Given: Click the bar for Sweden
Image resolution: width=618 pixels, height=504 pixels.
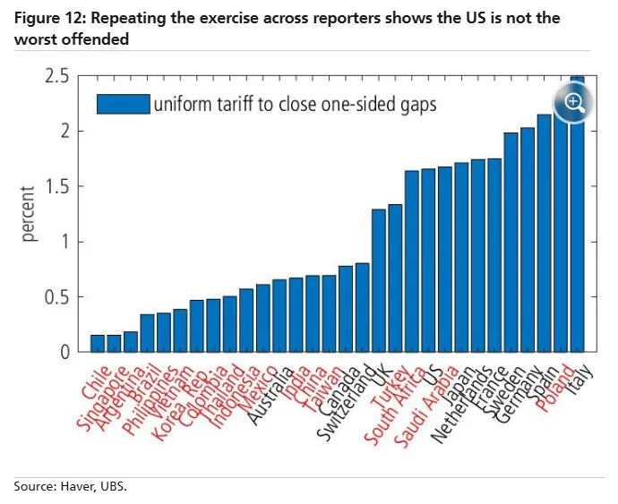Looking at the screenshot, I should click(511, 242).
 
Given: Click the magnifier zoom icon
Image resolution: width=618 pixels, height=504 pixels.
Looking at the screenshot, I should click(573, 101).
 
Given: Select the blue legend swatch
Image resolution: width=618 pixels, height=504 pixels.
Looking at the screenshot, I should click(123, 104).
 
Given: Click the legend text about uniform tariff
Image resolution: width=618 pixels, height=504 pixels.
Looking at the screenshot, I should click(295, 104).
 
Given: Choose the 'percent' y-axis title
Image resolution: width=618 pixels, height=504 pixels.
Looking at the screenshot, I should click(28, 214).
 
